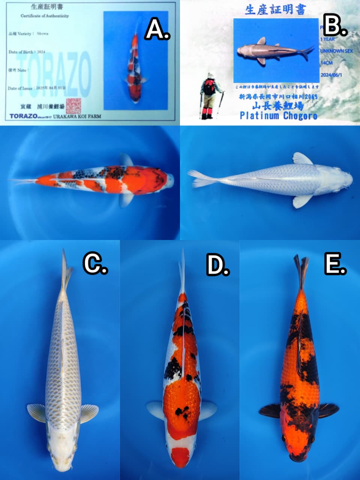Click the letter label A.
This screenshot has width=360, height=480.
[157, 29]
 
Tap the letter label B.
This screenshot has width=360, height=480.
[335, 25]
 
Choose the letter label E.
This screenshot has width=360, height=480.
[335, 265]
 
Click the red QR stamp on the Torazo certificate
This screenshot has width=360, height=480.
[73, 105]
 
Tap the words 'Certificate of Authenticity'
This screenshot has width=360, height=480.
[45, 16]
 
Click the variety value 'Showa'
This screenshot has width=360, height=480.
[42, 34]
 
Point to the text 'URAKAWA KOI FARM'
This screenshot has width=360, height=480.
[77, 117]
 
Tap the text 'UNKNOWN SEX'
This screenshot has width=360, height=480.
[336, 51]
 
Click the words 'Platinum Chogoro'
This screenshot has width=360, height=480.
[278, 115]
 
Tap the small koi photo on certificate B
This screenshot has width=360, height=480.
[276, 51]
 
